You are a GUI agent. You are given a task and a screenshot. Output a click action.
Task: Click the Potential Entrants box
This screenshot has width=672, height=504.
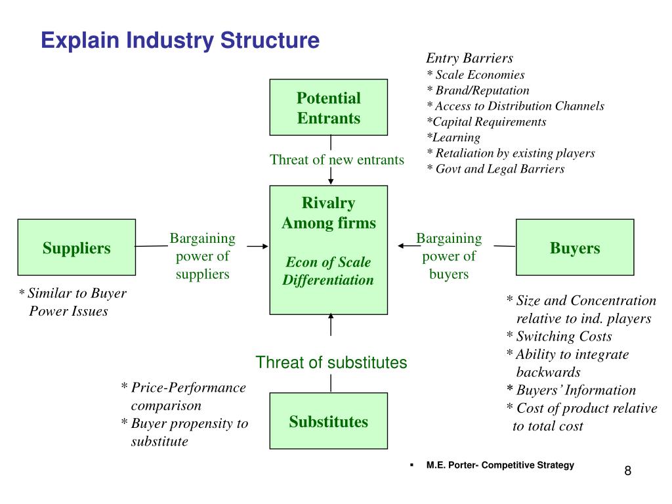[328, 107]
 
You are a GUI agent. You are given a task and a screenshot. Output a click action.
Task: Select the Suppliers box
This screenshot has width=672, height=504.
[77, 247]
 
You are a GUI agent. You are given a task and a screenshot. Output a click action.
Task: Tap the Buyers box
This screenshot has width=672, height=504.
[575, 247]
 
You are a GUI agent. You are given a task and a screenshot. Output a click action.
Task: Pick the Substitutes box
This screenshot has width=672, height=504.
[328, 421]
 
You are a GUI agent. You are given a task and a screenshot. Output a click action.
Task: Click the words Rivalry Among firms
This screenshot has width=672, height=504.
[328, 213]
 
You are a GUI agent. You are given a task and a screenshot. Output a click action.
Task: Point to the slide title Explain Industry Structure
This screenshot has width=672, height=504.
[180, 41]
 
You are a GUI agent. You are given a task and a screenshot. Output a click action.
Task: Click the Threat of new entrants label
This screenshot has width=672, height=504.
[337, 160]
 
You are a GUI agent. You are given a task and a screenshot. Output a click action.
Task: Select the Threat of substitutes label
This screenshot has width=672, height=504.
[331, 362]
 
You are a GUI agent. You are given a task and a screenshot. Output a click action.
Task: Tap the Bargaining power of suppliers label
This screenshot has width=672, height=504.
[202, 256]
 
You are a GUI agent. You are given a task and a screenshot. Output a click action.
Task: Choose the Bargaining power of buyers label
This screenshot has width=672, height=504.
[449, 256]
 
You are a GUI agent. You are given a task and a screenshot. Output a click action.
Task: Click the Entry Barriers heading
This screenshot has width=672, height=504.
[469, 58]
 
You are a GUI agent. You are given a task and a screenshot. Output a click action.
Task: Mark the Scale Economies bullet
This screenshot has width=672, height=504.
[476, 75]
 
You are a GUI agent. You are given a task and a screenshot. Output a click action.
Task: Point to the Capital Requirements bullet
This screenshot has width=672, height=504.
[486, 121]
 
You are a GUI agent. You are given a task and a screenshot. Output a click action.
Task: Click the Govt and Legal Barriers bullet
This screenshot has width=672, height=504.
[495, 169]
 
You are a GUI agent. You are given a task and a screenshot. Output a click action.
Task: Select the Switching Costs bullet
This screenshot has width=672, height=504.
[559, 337]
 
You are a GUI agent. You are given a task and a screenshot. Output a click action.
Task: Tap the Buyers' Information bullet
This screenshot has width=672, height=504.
[571, 390]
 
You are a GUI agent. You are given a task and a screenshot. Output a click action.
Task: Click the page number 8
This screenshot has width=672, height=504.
[628, 471]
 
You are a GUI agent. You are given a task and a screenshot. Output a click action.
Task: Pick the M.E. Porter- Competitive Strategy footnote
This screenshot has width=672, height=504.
[500, 465]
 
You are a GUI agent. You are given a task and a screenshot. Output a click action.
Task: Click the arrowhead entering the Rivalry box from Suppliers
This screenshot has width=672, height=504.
[265, 247]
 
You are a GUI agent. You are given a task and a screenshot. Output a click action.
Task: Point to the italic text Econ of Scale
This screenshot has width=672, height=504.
[328, 262]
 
